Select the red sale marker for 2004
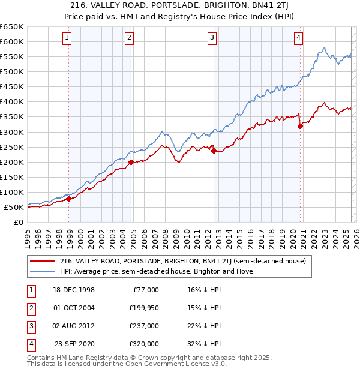point(131,161)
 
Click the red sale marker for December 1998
point(69,199)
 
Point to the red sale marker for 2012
point(214,151)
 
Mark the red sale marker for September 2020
point(301,125)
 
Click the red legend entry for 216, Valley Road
point(183,261)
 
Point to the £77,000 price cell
point(145,290)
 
